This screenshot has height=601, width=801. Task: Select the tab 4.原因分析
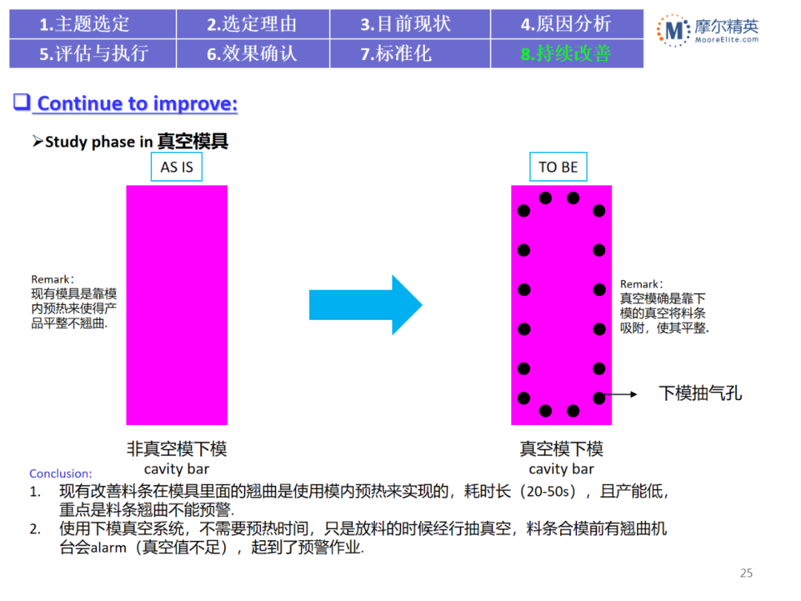click(x=566, y=24)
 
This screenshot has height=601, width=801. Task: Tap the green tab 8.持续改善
click(x=566, y=53)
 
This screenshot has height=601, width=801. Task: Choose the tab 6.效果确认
click(x=252, y=53)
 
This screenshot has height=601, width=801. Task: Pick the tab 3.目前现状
click(x=406, y=24)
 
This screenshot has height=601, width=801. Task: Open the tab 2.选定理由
click(x=252, y=24)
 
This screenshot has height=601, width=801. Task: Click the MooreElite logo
click(x=708, y=30)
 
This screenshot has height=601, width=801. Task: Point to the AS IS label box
click(x=177, y=167)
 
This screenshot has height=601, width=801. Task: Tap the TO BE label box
click(x=558, y=167)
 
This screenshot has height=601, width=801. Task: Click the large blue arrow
click(x=365, y=304)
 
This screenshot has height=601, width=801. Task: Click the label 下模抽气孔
click(x=700, y=393)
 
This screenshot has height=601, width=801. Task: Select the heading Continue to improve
click(x=137, y=103)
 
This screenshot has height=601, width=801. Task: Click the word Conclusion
click(x=61, y=473)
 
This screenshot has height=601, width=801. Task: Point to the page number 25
click(x=746, y=573)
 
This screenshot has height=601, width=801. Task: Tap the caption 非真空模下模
click(x=177, y=448)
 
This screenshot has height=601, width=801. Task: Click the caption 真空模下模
click(x=561, y=448)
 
